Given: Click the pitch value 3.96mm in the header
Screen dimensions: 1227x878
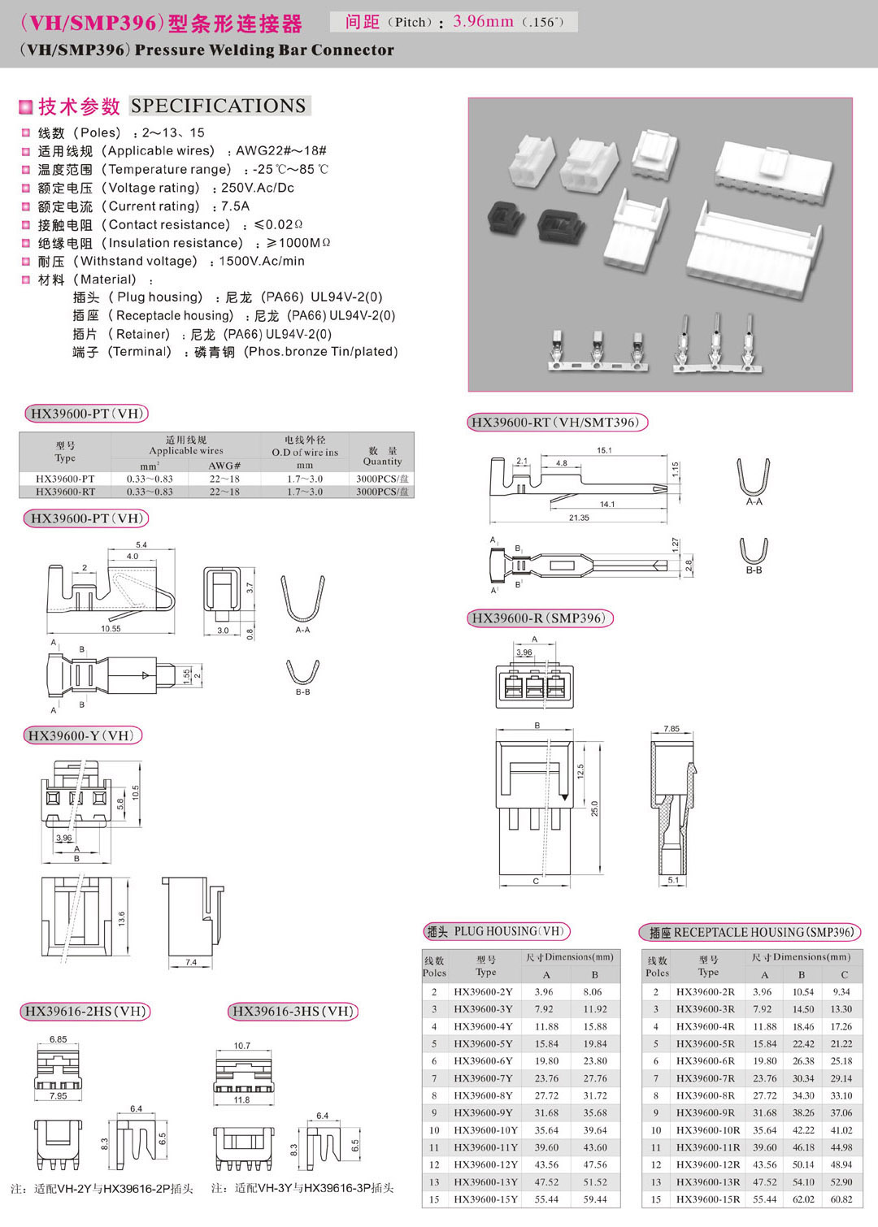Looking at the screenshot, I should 483,22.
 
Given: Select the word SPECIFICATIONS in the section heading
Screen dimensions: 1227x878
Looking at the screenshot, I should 219,106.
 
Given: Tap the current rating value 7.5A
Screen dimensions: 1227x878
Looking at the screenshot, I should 235,206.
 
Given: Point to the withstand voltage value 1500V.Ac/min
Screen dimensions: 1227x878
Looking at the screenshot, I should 262,262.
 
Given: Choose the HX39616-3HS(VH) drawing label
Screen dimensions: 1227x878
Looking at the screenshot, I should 293,1012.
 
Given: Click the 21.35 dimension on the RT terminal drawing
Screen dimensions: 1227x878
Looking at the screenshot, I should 579,518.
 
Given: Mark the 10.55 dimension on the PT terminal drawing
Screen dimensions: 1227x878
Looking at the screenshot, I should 111,628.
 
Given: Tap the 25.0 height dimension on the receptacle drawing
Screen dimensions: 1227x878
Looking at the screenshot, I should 594,809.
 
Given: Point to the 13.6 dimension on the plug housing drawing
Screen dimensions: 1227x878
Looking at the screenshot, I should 122,919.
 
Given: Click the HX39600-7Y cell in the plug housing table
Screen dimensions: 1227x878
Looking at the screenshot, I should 483,1078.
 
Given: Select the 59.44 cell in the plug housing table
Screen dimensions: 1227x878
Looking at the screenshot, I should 594,1199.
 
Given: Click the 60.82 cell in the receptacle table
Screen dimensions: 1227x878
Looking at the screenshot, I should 841,1199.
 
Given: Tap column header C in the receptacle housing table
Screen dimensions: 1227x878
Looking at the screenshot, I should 845,974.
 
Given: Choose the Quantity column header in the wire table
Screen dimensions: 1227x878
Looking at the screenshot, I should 382,456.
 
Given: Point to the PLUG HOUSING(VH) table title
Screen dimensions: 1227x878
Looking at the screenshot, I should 497,932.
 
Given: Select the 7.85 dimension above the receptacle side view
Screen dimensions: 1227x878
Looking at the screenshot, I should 672,729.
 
